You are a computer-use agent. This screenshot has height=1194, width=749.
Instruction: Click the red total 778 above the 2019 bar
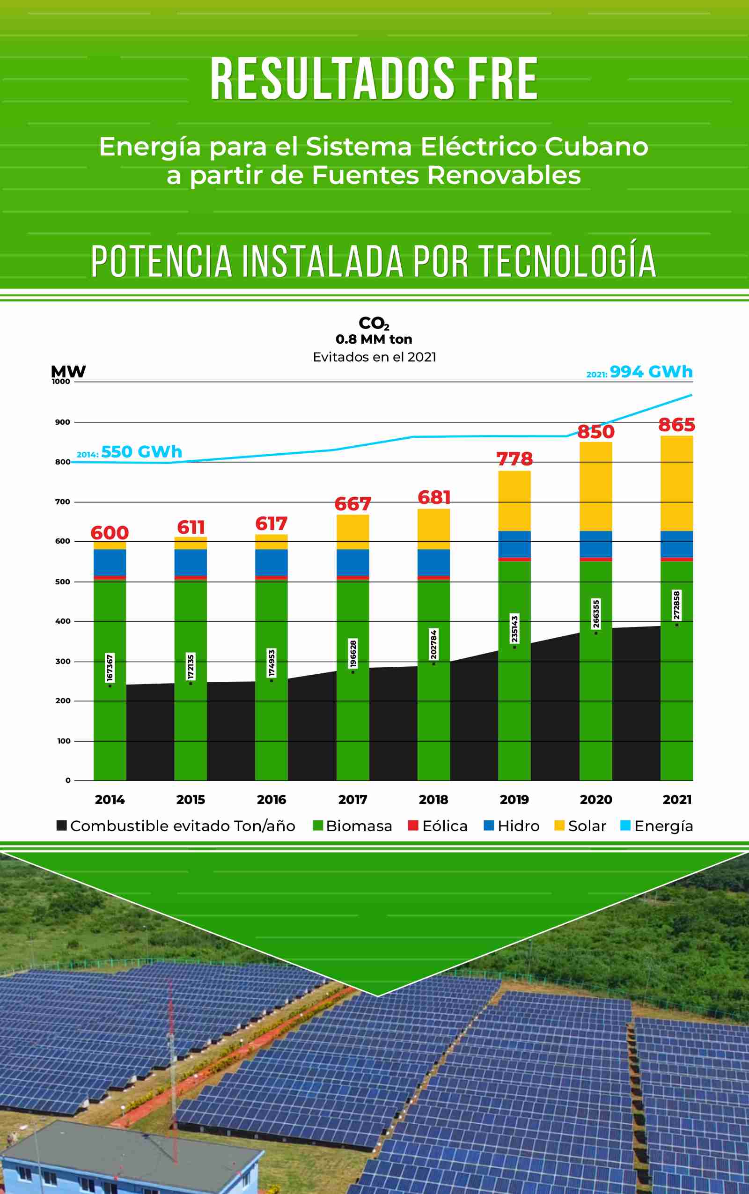click(x=514, y=459)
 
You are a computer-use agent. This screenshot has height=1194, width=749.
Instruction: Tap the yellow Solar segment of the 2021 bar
click(x=676, y=484)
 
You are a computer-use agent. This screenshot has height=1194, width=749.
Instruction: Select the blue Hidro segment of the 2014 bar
click(x=110, y=562)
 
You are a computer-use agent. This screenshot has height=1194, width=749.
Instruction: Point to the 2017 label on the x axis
click(x=352, y=800)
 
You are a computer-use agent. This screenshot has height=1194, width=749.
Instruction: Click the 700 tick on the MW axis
click(x=62, y=502)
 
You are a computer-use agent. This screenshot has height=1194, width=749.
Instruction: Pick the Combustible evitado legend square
click(x=61, y=825)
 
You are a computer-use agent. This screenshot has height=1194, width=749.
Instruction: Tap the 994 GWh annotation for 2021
click(x=650, y=372)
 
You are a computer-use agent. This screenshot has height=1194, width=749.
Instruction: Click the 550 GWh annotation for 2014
click(x=141, y=452)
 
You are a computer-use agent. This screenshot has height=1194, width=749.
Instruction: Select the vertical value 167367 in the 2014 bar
click(x=110, y=668)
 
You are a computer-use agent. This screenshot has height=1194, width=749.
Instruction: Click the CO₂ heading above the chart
click(x=374, y=324)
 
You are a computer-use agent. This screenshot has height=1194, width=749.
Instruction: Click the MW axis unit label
click(x=68, y=371)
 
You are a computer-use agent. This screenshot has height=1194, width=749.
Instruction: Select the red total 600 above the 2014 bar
click(x=110, y=533)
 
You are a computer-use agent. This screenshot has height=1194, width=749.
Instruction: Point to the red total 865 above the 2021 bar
click(x=676, y=425)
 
